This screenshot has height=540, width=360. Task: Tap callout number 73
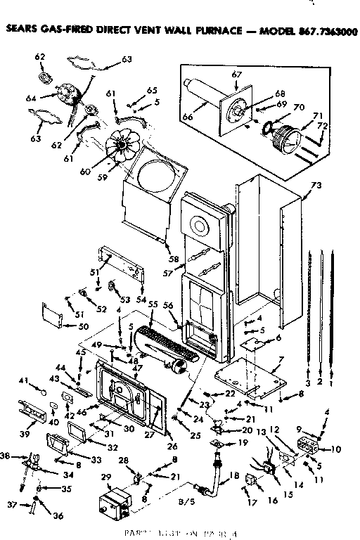[316, 186]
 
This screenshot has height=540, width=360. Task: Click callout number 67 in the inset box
[236, 75]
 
